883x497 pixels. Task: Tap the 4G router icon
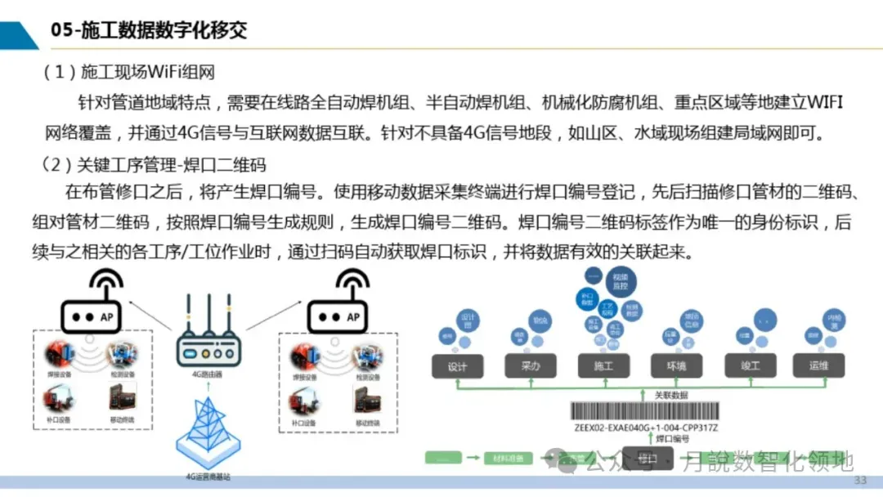(208, 347)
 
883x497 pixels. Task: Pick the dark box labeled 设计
(457, 367)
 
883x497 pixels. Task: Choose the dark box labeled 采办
(531, 367)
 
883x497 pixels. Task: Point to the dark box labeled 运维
(818, 366)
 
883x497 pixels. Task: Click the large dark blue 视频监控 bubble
(619, 284)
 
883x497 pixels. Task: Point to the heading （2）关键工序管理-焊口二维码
(155, 165)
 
